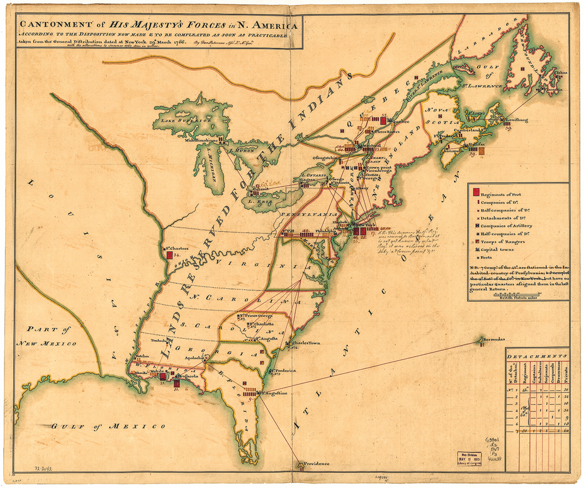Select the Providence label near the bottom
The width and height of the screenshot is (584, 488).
pos(317,464)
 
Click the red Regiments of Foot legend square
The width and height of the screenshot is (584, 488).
pos(476,192)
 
